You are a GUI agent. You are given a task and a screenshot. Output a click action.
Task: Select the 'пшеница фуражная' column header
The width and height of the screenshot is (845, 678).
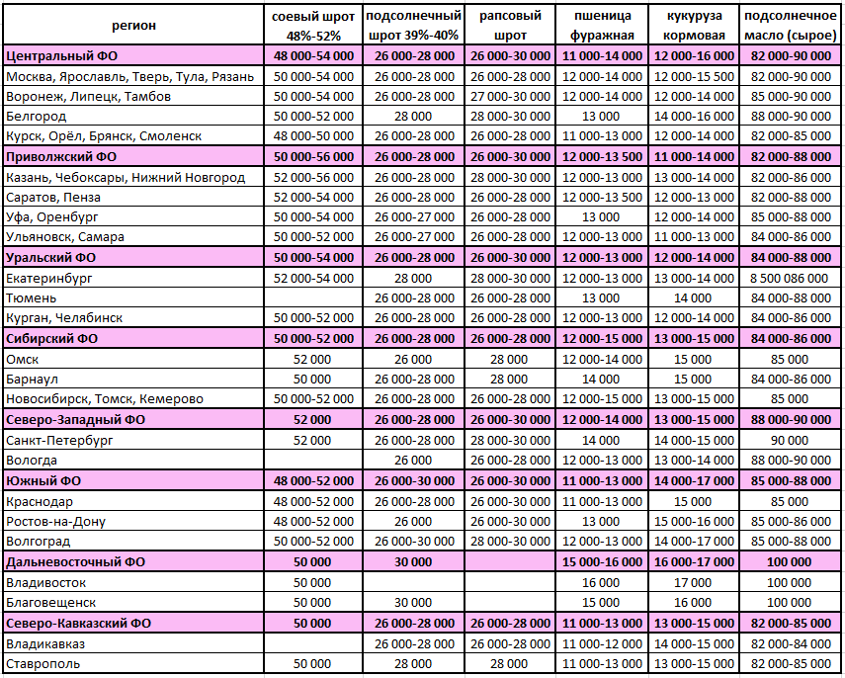[x=601, y=26]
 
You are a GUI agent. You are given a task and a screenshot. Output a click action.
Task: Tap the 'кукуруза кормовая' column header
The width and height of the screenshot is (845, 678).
[x=694, y=26]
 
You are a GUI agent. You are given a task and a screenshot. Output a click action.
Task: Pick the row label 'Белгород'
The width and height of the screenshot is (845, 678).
[x=37, y=117]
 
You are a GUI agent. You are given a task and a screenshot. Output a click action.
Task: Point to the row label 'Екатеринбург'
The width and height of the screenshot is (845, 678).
[x=48, y=278]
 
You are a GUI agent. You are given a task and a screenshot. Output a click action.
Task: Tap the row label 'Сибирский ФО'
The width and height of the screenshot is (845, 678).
[x=52, y=338]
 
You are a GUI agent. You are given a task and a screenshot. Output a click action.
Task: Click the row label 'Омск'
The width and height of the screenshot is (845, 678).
[x=23, y=359]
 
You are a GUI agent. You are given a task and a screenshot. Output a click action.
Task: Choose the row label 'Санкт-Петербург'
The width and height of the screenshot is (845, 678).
[x=59, y=440]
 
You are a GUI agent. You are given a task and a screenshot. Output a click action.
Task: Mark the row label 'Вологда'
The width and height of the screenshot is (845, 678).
[x=33, y=461]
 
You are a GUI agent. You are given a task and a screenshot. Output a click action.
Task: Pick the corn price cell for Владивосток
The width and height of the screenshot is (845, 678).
[x=693, y=582]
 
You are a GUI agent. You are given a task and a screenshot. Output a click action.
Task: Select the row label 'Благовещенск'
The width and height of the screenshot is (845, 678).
[x=50, y=602]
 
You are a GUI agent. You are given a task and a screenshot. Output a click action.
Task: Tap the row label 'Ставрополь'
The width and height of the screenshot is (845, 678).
[x=43, y=663]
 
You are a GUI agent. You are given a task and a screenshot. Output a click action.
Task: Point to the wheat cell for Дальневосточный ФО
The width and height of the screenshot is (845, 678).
[x=601, y=561]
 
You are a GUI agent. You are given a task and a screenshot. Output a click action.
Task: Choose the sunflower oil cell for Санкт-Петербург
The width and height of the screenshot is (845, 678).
[x=790, y=440]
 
